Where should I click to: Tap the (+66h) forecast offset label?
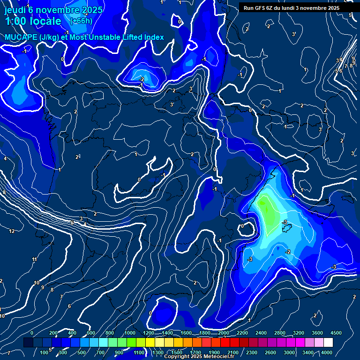click(81, 21)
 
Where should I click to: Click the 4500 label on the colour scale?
click(336, 332)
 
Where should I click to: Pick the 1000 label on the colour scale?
click(130, 332)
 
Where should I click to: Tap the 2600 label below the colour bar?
click(270, 352)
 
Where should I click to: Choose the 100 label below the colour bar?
click(45, 352)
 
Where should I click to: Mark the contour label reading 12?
click(12, 231)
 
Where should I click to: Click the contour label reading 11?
click(34, 260)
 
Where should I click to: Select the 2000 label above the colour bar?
click(224, 332)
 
